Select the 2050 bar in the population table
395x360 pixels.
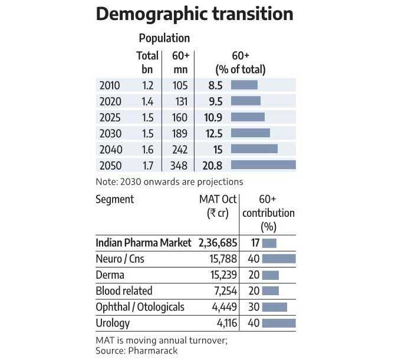[263, 165]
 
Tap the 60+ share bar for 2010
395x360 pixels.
[244, 85]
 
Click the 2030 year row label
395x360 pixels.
[111, 133]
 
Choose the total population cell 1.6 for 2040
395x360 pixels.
[147, 149]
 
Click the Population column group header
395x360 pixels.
[164, 38]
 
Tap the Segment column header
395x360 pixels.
[114, 199]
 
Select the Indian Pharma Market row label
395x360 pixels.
[143, 243]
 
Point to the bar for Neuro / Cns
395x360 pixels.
[278, 259]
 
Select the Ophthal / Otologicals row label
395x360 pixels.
[140, 307]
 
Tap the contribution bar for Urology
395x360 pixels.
[278, 323]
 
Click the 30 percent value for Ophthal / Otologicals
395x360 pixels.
[252, 307]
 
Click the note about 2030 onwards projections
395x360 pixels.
[169, 181]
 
